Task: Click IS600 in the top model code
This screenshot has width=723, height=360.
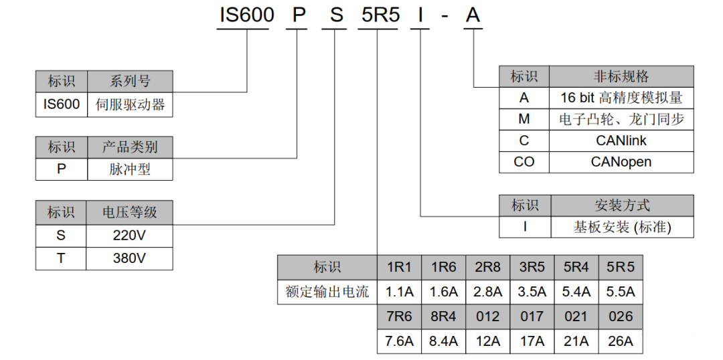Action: [x=246, y=15]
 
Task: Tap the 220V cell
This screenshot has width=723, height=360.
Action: [x=129, y=236]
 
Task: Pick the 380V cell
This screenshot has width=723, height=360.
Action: [x=129, y=258]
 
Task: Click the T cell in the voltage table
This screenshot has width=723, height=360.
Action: [x=61, y=258]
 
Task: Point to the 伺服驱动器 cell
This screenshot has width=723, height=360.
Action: [x=130, y=104]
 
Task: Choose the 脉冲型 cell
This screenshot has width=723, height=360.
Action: [x=130, y=169]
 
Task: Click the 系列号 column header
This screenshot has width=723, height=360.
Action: [x=130, y=82]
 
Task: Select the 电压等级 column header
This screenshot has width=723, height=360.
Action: [x=129, y=213]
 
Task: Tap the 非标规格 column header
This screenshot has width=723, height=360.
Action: [x=621, y=76]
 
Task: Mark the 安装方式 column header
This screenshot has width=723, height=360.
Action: [x=622, y=205]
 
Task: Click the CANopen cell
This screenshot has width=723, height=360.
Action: [x=621, y=162]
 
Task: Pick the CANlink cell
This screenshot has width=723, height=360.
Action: [x=621, y=141]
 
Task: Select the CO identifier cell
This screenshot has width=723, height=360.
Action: [x=524, y=162]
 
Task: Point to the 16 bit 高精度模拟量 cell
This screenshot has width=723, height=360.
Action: [x=621, y=98]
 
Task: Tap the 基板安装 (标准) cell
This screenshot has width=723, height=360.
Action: [x=622, y=227]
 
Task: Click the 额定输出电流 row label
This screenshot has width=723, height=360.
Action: [x=327, y=292]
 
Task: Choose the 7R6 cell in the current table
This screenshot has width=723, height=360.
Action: [x=399, y=317]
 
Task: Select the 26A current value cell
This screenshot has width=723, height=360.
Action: [x=620, y=341]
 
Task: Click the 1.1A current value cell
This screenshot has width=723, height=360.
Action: [x=399, y=292]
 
